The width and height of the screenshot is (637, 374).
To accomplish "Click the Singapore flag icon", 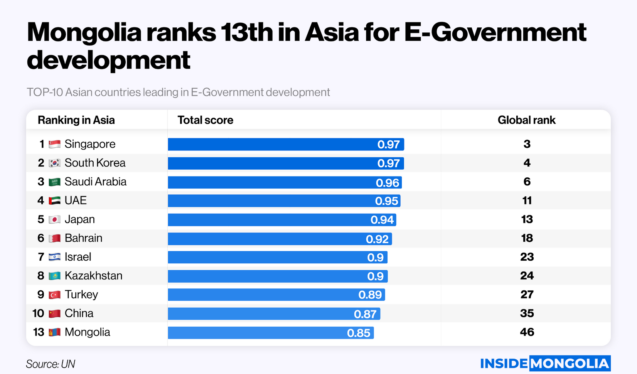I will tap(55, 144).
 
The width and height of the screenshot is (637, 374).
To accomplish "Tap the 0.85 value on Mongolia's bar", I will tap(359, 333).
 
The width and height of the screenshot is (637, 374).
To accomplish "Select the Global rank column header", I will tap(526, 120).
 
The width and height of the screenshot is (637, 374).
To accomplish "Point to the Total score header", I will tap(205, 120).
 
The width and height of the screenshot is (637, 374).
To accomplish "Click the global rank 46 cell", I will tap(527, 332).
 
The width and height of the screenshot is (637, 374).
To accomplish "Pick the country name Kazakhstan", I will tap(93, 276).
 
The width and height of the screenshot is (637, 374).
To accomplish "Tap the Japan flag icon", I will tap(55, 219).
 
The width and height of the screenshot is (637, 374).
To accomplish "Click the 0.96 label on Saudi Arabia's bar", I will tap(387, 182).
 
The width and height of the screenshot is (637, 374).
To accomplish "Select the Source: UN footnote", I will tap(51, 364).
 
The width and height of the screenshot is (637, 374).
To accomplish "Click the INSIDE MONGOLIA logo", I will tap(545, 363).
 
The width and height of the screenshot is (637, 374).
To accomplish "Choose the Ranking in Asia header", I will tap(76, 120).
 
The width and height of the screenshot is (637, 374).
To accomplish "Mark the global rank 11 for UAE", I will tap(527, 200).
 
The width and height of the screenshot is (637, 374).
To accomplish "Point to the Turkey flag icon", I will tap(55, 295).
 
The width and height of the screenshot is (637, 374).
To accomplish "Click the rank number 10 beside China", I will tap(38, 313).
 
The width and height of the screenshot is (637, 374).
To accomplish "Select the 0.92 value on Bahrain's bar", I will tap(377, 239).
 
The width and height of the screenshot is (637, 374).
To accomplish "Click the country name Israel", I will tap(78, 257).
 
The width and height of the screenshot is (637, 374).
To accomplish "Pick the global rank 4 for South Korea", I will tap(527, 163).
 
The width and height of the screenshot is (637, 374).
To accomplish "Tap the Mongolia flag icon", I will tap(55, 332).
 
